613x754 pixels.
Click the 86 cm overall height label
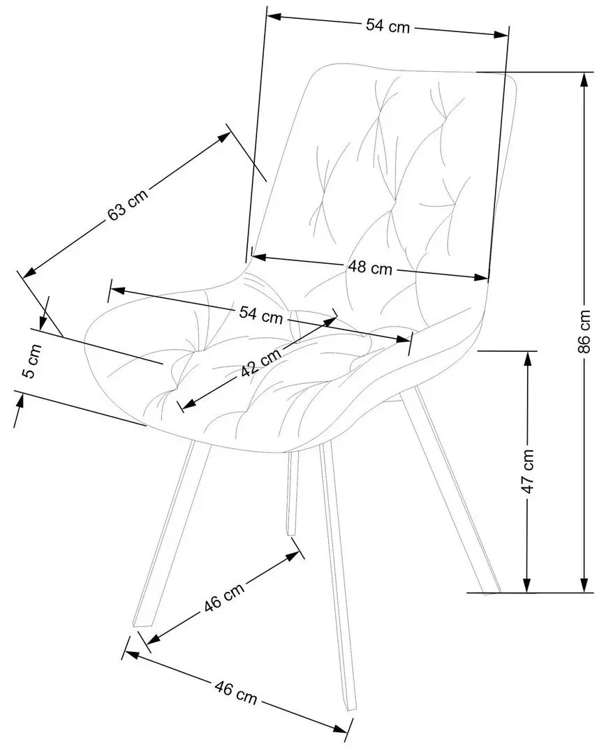tap(584, 330)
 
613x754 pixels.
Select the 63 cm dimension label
tap(127, 202)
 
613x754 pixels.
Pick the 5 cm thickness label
tap(28, 361)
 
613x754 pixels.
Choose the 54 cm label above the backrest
tap(387, 26)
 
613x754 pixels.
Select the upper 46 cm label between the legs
tap(224, 597)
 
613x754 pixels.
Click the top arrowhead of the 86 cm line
tap(584, 78)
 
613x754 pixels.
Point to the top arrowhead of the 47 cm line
tap(528, 357)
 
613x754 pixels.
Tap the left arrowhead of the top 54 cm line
tap(273, 16)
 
